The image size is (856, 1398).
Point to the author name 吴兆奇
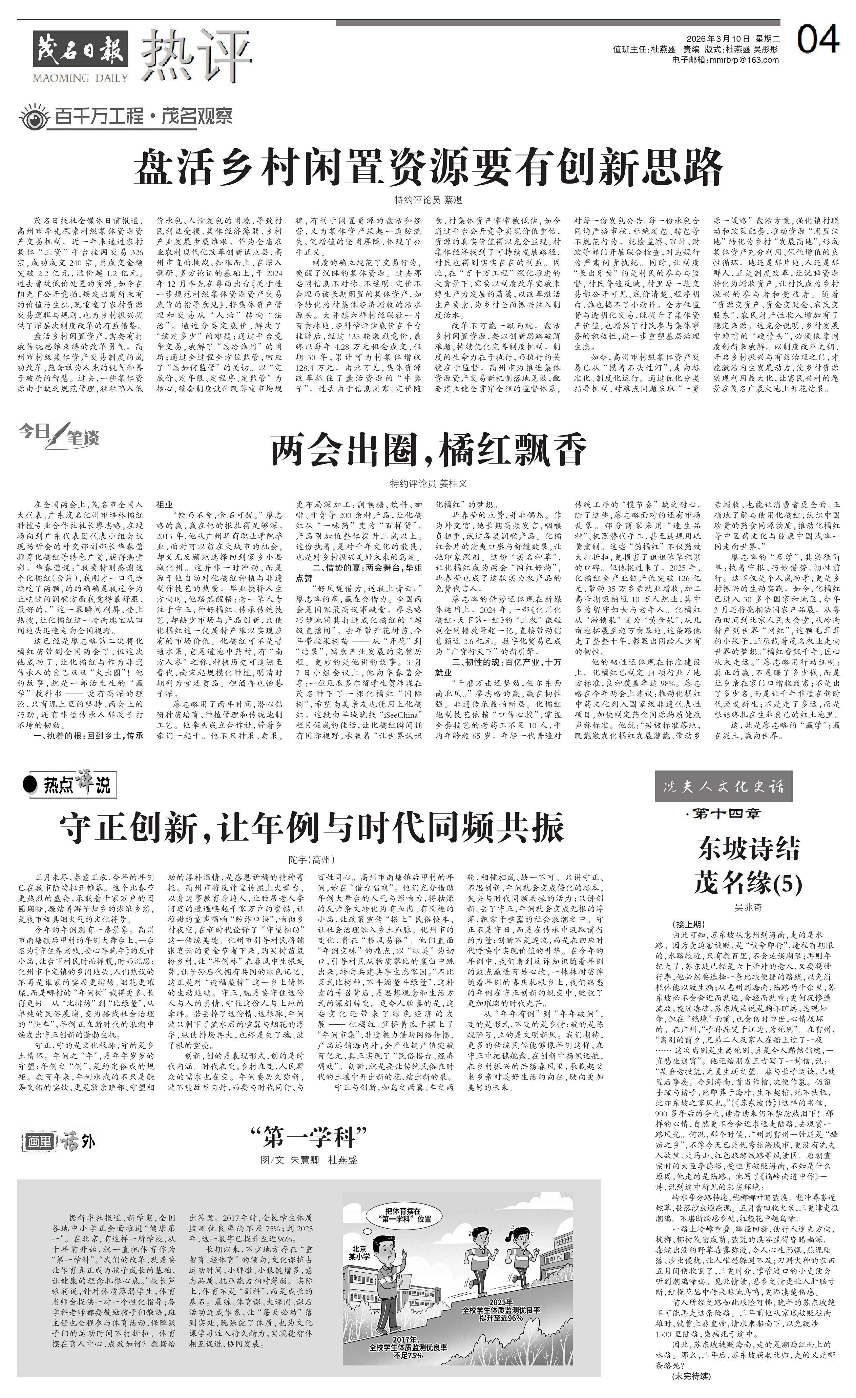(748, 907)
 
